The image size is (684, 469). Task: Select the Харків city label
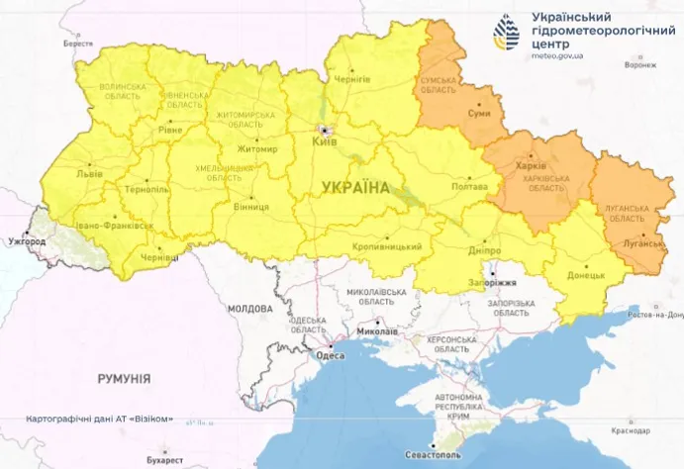533,165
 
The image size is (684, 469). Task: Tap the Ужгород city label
27,240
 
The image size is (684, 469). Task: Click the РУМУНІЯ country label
124,378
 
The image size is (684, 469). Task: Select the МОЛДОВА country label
249,309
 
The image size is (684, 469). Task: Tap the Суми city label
479,114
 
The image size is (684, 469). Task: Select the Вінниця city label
252,206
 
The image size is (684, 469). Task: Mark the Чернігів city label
352,78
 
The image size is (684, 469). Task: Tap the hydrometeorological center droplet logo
506,34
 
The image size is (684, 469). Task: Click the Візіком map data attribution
100,419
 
